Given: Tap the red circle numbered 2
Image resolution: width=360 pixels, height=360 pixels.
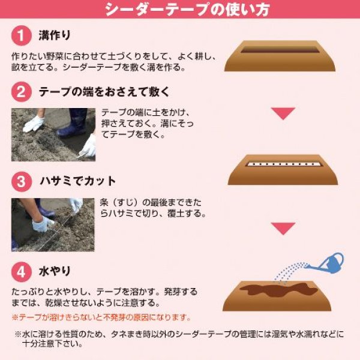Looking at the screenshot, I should [21, 92].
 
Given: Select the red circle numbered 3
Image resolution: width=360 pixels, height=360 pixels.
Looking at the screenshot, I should [21, 181].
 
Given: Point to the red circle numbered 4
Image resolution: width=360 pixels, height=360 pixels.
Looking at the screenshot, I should [21, 270].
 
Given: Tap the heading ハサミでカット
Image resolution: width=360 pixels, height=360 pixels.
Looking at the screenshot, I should [77, 181].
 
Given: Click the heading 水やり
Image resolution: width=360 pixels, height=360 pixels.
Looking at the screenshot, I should [55, 270].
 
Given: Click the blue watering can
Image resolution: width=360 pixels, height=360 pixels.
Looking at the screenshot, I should [331, 262].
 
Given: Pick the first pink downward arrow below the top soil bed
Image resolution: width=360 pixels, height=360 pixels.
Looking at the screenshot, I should [283, 113].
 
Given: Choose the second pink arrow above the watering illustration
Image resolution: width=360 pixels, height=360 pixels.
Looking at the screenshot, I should [283, 228].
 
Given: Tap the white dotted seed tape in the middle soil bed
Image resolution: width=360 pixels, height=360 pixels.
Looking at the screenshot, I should [283, 163].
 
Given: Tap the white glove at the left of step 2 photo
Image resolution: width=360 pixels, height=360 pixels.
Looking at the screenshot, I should [34, 124].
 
